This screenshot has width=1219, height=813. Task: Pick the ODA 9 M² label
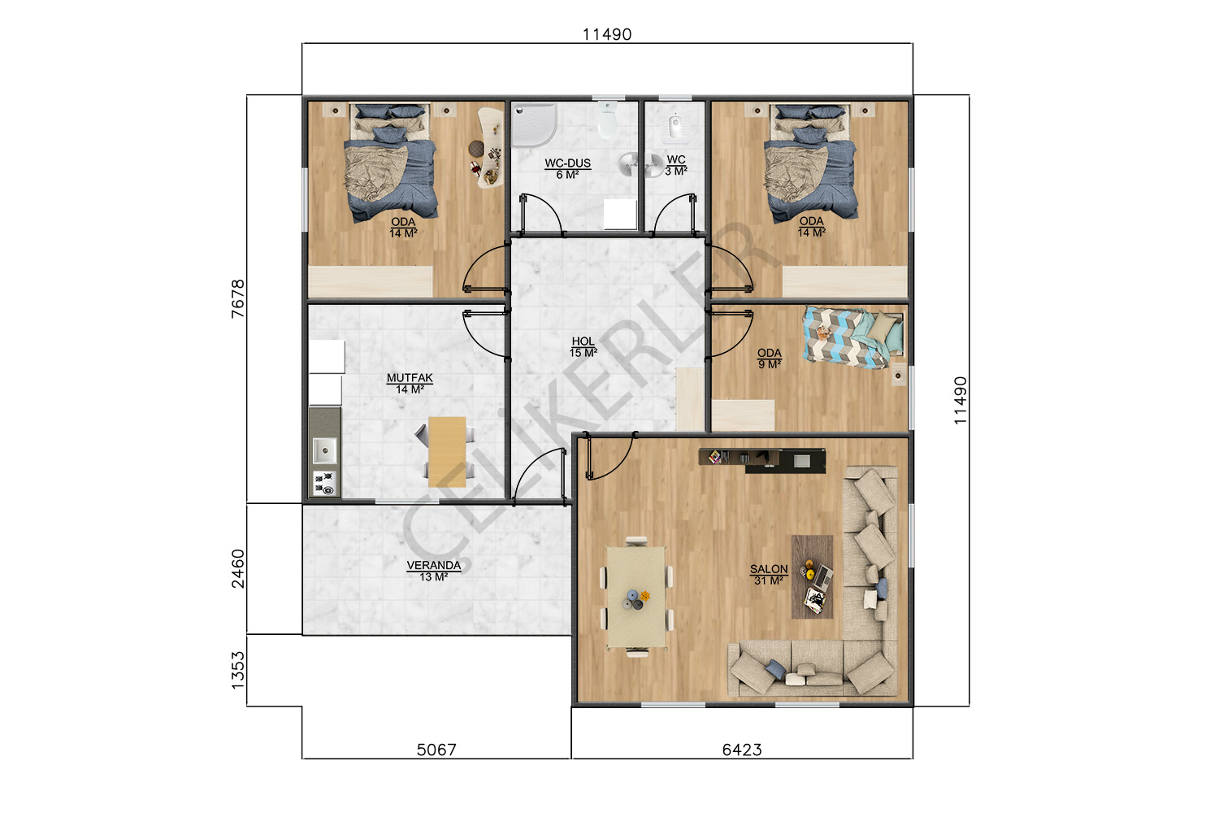point(770,359)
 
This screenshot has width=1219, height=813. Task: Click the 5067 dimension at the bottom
point(436,750)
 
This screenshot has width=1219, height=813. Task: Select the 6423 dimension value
point(742,750)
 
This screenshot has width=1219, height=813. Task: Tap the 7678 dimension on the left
point(238,298)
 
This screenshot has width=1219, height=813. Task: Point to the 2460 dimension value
point(238,568)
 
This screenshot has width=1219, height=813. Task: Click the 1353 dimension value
point(238,671)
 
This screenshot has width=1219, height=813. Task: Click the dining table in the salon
point(636,597)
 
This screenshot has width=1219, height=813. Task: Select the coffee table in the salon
point(812,576)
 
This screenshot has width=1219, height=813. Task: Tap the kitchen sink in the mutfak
point(324,450)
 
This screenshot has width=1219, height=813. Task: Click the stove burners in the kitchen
point(324,484)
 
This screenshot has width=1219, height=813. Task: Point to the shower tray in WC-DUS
point(533,124)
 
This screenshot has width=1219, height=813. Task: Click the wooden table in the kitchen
point(447,452)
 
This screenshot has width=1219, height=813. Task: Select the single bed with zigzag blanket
point(852,337)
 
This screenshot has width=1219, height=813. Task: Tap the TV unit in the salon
point(762,459)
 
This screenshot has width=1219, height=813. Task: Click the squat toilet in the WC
point(675,127)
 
